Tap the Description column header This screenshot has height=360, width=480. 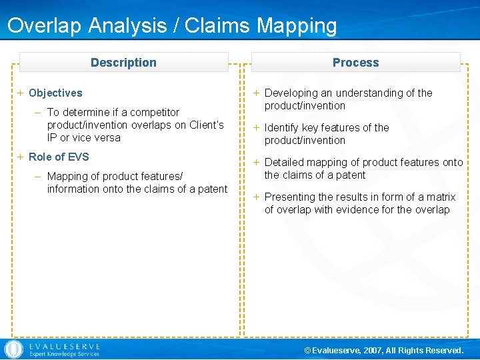pos(123,63)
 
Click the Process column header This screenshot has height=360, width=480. pos(355,63)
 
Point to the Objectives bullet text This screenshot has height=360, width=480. pos(55,93)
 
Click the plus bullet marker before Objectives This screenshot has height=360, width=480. pos(21,93)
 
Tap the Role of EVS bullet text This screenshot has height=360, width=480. pos(59,157)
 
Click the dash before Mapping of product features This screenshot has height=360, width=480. pos(39,177)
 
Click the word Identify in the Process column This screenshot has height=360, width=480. pos(283,128)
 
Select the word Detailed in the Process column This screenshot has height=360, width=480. pos(285,163)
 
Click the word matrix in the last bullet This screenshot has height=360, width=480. pos(440,197)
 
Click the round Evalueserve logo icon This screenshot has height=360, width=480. pos(13,349)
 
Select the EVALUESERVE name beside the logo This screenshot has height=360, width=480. pos(64,347)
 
